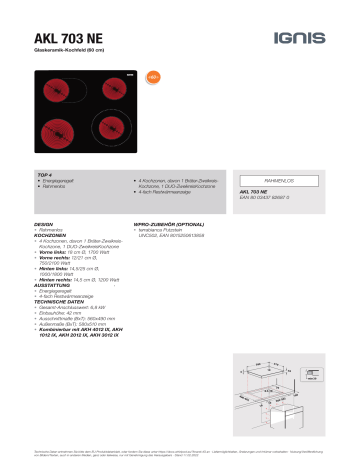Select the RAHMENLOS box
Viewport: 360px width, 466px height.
(x=282, y=176)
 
